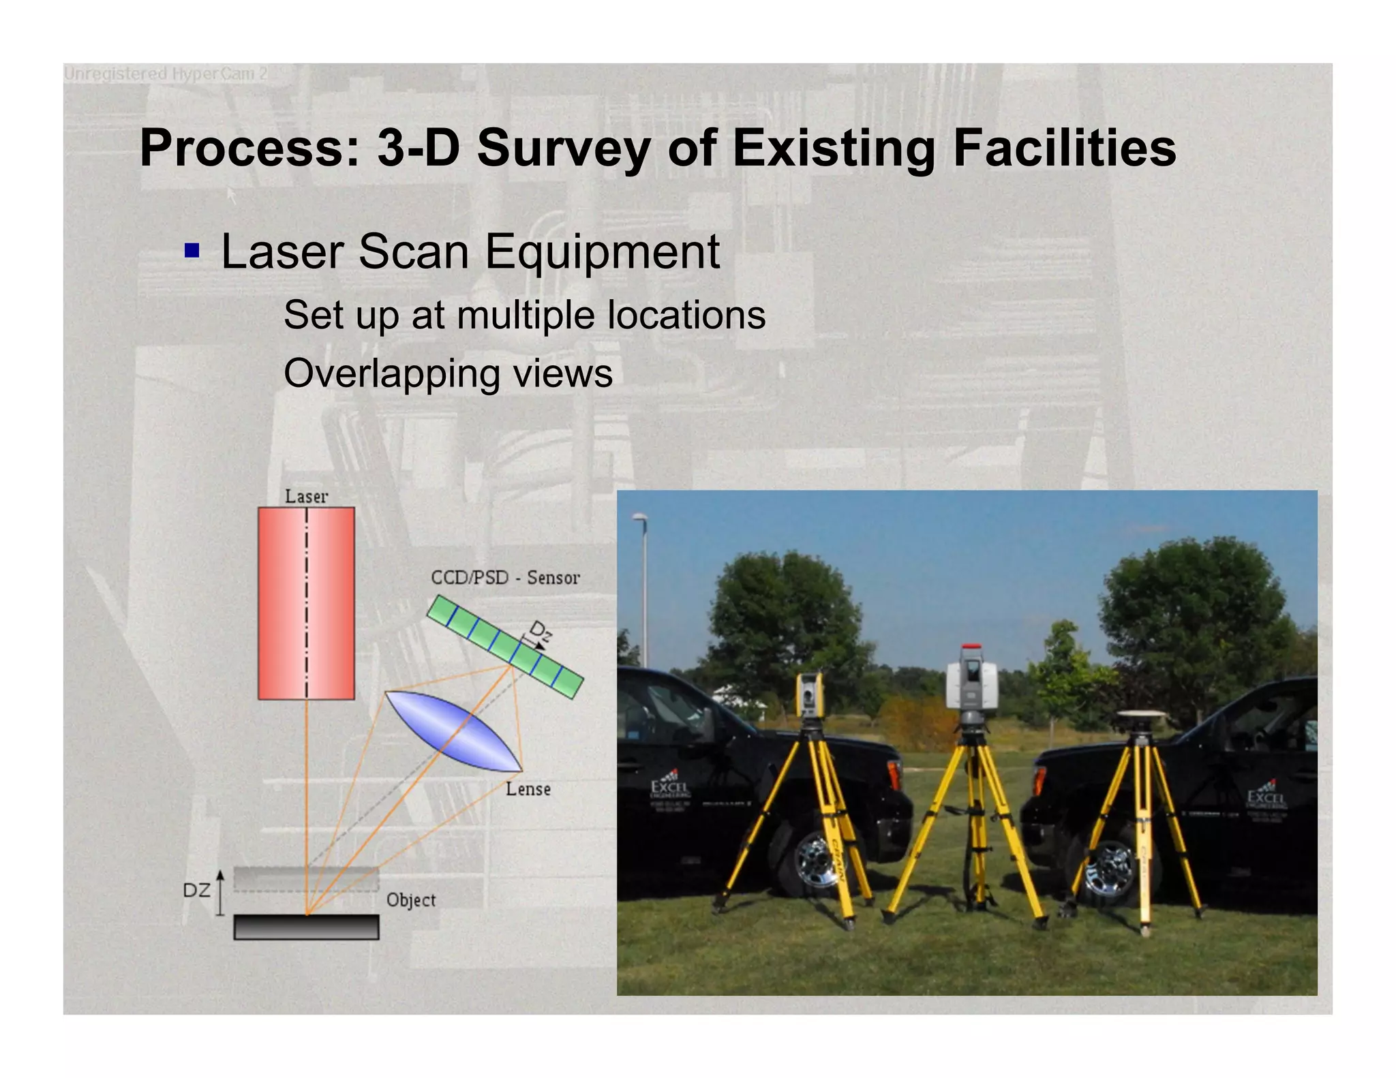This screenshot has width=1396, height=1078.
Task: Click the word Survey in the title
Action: tap(563, 149)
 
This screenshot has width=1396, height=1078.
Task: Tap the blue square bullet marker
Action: tap(192, 251)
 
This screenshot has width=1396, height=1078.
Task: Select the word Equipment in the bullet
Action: tap(602, 252)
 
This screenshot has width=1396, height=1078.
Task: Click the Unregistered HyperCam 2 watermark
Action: tap(166, 74)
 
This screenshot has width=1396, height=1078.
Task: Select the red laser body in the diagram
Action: tap(306, 602)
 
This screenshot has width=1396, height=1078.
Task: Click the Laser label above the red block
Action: tap(306, 496)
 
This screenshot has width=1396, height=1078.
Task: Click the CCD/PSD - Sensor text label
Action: tap(505, 578)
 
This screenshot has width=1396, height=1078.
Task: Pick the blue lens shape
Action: tap(453, 732)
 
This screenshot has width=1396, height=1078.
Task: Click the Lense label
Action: tap(528, 789)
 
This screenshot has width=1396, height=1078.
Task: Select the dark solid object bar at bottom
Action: tap(306, 927)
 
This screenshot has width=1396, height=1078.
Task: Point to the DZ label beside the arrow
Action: tap(196, 891)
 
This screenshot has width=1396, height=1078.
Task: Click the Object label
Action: tap(410, 900)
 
